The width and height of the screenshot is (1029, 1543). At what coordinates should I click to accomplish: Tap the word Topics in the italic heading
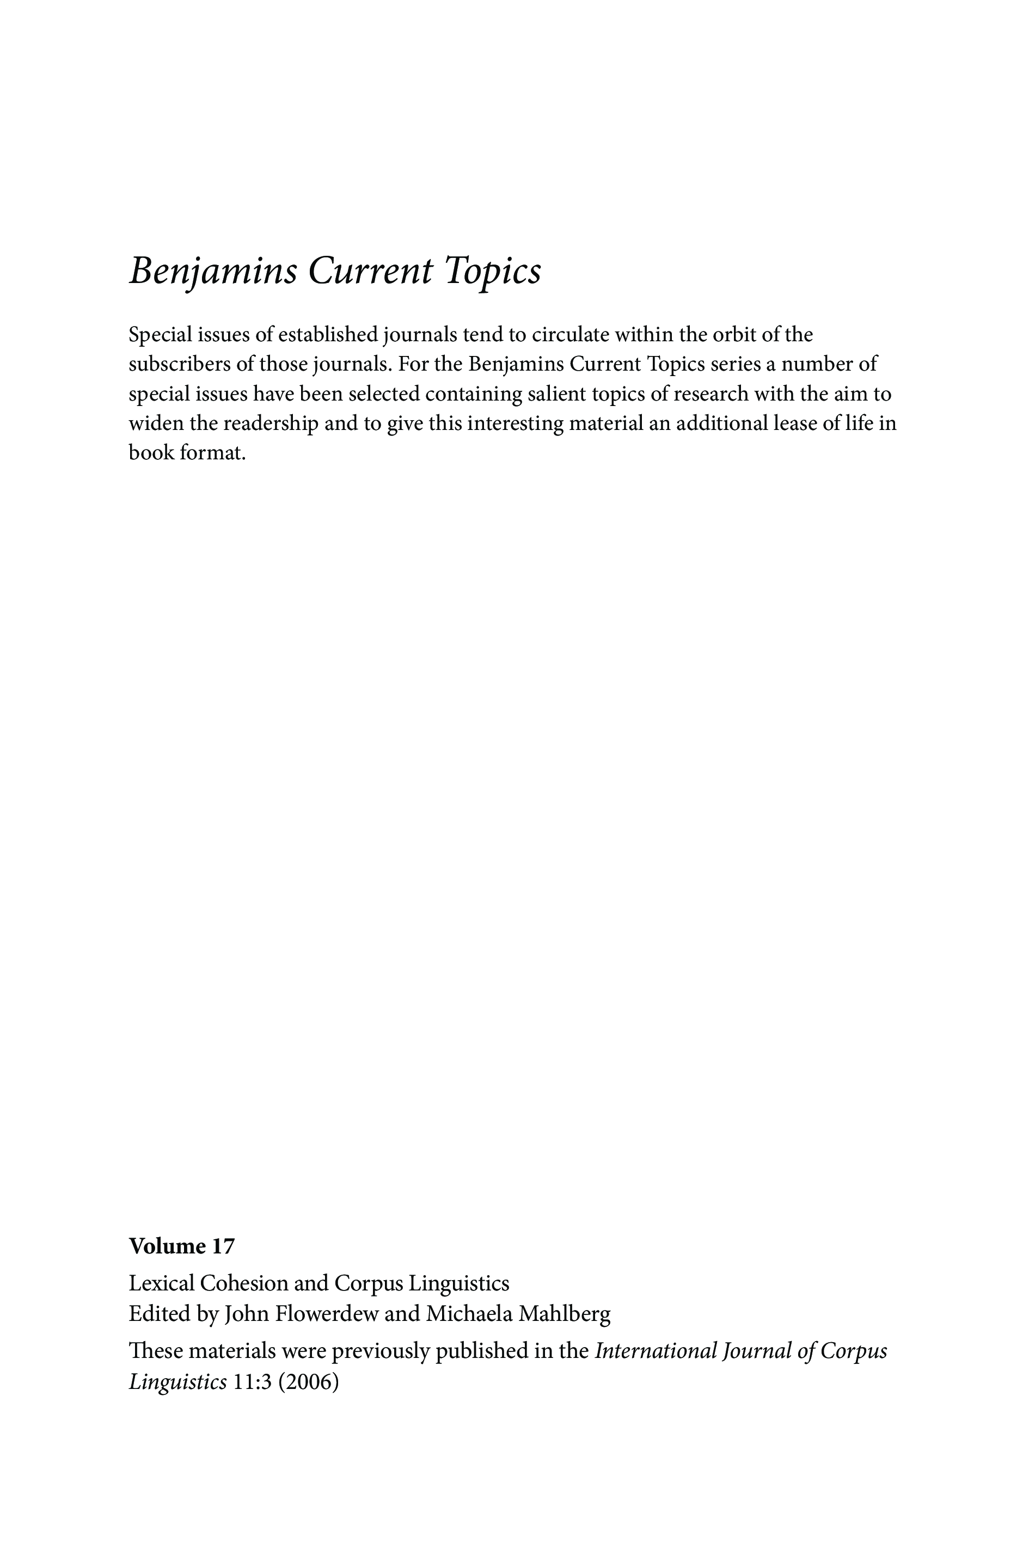coord(493,271)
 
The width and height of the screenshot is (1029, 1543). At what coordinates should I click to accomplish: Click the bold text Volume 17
coord(181,1246)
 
